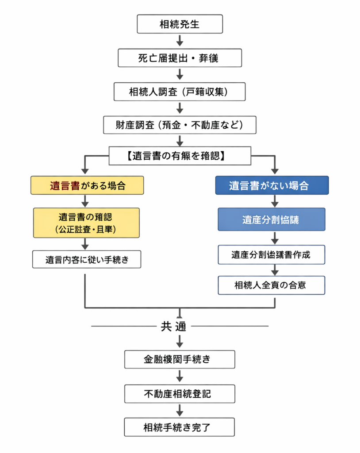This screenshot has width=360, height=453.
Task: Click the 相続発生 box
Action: tap(180, 24)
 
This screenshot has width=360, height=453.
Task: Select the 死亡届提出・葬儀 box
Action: tap(180, 58)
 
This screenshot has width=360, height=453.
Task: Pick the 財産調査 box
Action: tap(180, 125)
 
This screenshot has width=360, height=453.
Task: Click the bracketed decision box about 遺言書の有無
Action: tap(180, 156)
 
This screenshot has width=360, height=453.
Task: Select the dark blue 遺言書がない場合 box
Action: tap(272, 185)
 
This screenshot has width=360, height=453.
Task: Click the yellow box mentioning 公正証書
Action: tap(86, 223)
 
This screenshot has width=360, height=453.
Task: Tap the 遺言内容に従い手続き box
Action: tap(86, 260)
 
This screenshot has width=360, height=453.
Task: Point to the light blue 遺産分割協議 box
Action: tap(272, 219)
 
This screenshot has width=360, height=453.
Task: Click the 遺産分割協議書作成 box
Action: tap(272, 255)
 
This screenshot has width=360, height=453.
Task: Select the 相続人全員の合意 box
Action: tap(272, 285)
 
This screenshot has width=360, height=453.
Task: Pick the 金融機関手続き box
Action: tap(180, 359)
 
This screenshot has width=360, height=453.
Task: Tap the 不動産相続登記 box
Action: tap(180, 393)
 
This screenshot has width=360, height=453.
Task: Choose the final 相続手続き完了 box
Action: tap(180, 427)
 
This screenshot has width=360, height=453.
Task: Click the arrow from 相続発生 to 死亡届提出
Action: tap(180, 41)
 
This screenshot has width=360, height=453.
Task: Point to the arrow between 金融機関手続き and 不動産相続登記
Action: tap(180, 376)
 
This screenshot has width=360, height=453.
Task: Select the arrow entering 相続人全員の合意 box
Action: tap(274, 270)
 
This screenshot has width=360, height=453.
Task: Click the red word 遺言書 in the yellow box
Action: tap(65, 185)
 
